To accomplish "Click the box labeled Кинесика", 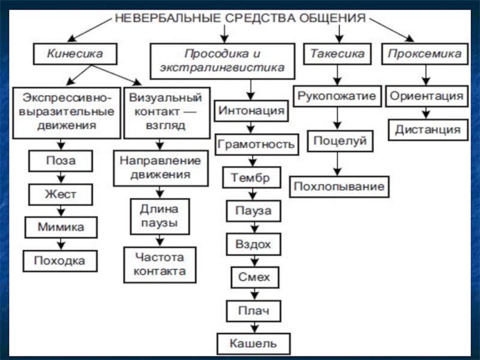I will click(x=75, y=54).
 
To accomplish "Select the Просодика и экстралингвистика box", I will click(x=222, y=61).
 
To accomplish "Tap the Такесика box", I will click(x=337, y=54).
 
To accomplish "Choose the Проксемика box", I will click(x=425, y=54).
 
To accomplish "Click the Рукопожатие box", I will click(x=337, y=96).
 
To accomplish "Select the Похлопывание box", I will click(x=338, y=187).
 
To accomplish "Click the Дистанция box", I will click(x=428, y=130).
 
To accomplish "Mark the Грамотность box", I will click(x=256, y=145).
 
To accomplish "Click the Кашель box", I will click(x=254, y=344).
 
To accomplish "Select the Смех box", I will click(x=254, y=277).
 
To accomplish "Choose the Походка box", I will click(x=59, y=260).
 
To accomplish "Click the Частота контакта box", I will click(x=160, y=264).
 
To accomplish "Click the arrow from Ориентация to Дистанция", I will click(x=426, y=113).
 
